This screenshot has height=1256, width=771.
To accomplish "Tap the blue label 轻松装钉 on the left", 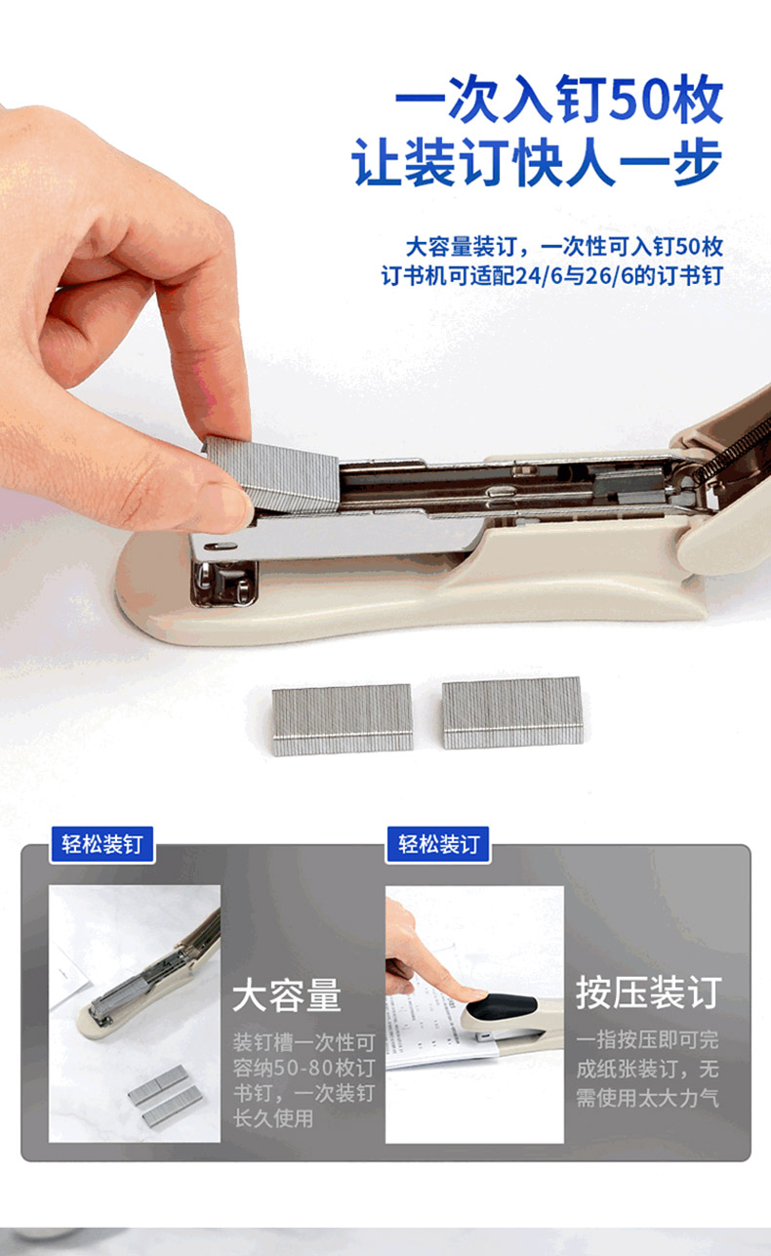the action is (x=102, y=844).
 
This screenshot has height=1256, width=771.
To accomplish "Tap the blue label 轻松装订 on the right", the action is (x=438, y=844).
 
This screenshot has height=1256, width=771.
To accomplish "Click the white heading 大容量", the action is (x=287, y=995).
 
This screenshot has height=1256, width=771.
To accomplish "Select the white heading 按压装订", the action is (x=649, y=993).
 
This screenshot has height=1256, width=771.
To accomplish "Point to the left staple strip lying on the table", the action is (x=343, y=719).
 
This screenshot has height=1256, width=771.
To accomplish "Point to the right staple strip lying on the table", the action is (x=512, y=712).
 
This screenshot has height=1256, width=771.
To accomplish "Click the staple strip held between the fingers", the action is (x=273, y=473).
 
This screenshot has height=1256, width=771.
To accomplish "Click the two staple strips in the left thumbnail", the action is (x=165, y=1096).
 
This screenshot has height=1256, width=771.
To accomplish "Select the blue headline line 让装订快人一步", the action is (x=537, y=163).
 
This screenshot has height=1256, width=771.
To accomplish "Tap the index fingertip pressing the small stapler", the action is (x=475, y=995).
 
